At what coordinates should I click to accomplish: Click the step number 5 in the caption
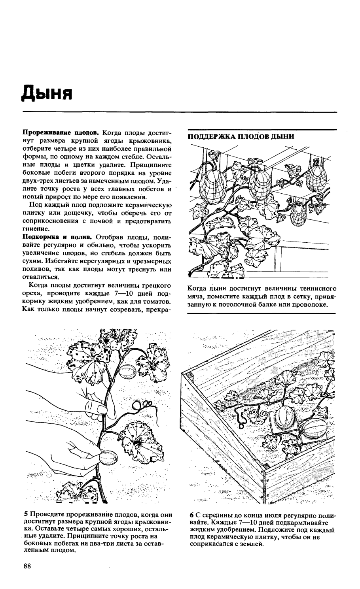[x=26, y=515]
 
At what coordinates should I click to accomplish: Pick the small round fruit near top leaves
[x=127, y=372]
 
